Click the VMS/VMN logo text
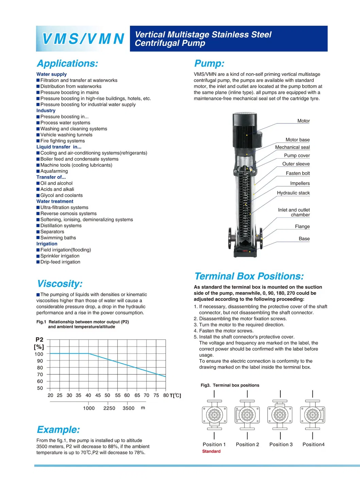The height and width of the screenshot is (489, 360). pos(83,39)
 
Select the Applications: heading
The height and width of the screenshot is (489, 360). pos(67,64)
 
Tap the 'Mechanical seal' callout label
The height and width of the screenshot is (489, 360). pos(292,147)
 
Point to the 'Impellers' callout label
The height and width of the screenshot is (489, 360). pos(300,183)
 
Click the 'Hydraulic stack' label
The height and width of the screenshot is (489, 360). pos(293,193)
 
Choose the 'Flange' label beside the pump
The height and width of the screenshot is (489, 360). pos(302,226)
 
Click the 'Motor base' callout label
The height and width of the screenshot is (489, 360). pos(297,140)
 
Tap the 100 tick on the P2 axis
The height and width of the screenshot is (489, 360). pos(39,354)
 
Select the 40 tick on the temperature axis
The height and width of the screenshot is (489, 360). pos(88,395)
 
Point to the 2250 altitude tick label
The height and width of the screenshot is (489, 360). pos(109,408)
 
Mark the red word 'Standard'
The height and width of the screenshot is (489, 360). pos(211,451)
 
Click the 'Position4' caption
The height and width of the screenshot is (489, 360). pos(313,444)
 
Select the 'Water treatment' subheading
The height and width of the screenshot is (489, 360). pos(55,201)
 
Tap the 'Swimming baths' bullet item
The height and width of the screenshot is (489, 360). pos(58,238)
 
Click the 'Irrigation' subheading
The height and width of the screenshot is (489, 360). pos(47,244)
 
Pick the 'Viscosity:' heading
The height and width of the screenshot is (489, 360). pos(60,284)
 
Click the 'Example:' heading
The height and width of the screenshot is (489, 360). pos(58,429)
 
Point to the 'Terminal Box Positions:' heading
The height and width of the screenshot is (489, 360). pos(249,276)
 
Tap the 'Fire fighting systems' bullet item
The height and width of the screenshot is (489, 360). pos(63,141)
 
